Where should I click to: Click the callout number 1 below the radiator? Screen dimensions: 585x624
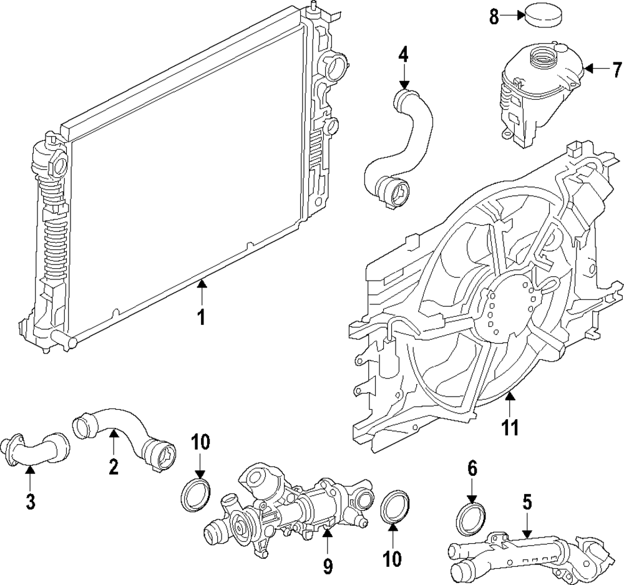click(201, 317)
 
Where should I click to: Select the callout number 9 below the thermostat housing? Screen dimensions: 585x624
click(328, 566)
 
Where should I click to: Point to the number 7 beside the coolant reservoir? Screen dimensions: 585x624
click(617, 68)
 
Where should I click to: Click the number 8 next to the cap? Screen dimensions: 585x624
click(494, 17)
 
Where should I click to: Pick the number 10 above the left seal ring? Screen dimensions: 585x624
click(200, 443)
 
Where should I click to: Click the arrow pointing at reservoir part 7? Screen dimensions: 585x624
click(596, 68)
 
